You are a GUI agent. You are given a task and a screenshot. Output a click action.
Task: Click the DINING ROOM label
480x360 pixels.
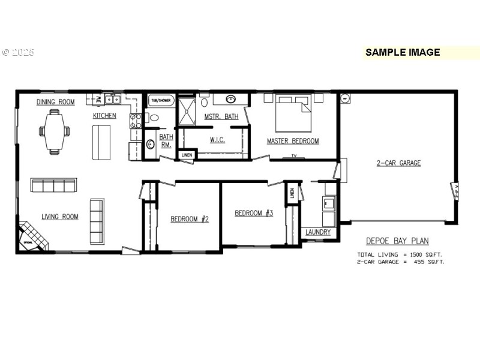[55, 102]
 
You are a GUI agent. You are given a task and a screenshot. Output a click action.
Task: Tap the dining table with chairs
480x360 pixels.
[55, 131]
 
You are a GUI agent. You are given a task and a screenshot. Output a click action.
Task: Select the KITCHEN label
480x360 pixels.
[104, 116]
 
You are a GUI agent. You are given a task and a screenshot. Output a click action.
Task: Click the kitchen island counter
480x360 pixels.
[101, 143]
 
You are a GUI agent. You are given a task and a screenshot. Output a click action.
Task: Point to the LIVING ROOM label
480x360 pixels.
[59, 217]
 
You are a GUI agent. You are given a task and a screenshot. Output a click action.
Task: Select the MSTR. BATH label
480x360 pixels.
[221, 116]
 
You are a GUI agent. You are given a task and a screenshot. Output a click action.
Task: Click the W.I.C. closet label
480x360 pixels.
[217, 140]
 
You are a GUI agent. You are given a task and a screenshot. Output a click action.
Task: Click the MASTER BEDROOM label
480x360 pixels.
[293, 142]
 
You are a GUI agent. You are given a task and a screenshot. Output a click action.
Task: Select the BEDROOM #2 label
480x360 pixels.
[190, 219]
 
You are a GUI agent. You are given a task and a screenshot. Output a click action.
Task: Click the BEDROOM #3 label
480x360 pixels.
[254, 213]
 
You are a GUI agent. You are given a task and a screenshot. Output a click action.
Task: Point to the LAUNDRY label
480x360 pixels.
[317, 232]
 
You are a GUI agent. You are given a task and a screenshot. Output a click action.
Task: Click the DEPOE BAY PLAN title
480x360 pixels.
[397, 241]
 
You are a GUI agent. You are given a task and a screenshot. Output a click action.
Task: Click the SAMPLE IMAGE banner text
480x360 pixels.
[403, 52]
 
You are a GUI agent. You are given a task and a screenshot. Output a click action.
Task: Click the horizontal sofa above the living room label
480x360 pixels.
[54, 185]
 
